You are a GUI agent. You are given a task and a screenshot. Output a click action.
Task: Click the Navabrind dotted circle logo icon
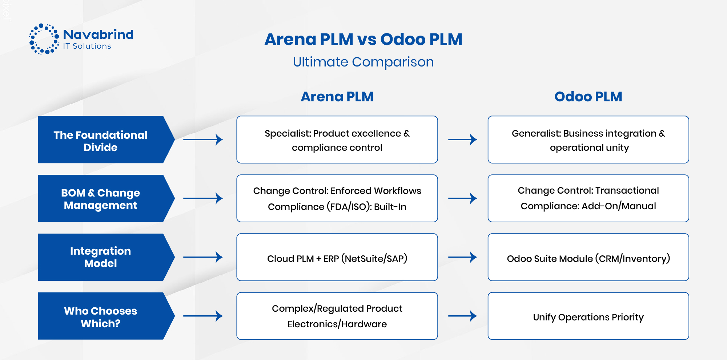44,39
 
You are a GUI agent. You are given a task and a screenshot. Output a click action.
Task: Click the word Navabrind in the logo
98,35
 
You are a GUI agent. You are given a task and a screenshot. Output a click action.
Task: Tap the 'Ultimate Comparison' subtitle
363,62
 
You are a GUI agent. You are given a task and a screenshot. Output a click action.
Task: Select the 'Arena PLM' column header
337,97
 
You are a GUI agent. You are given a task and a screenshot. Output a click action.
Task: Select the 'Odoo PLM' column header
588,97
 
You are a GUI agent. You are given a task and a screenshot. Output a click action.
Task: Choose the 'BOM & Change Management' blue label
101,199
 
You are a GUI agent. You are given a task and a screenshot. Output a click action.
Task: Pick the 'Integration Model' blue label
101,257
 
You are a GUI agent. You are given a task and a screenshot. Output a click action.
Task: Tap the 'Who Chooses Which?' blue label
101,316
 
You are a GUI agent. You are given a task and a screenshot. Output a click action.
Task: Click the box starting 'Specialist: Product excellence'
337,140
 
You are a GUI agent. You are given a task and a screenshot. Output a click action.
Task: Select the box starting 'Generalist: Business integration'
588,140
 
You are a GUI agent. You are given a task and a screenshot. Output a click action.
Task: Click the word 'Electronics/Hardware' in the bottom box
337,324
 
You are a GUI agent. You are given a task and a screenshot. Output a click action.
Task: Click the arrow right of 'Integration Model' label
203,257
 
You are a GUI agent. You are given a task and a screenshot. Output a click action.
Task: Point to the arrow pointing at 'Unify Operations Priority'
462,316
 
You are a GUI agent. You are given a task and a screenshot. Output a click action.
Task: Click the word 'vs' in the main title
366,40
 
